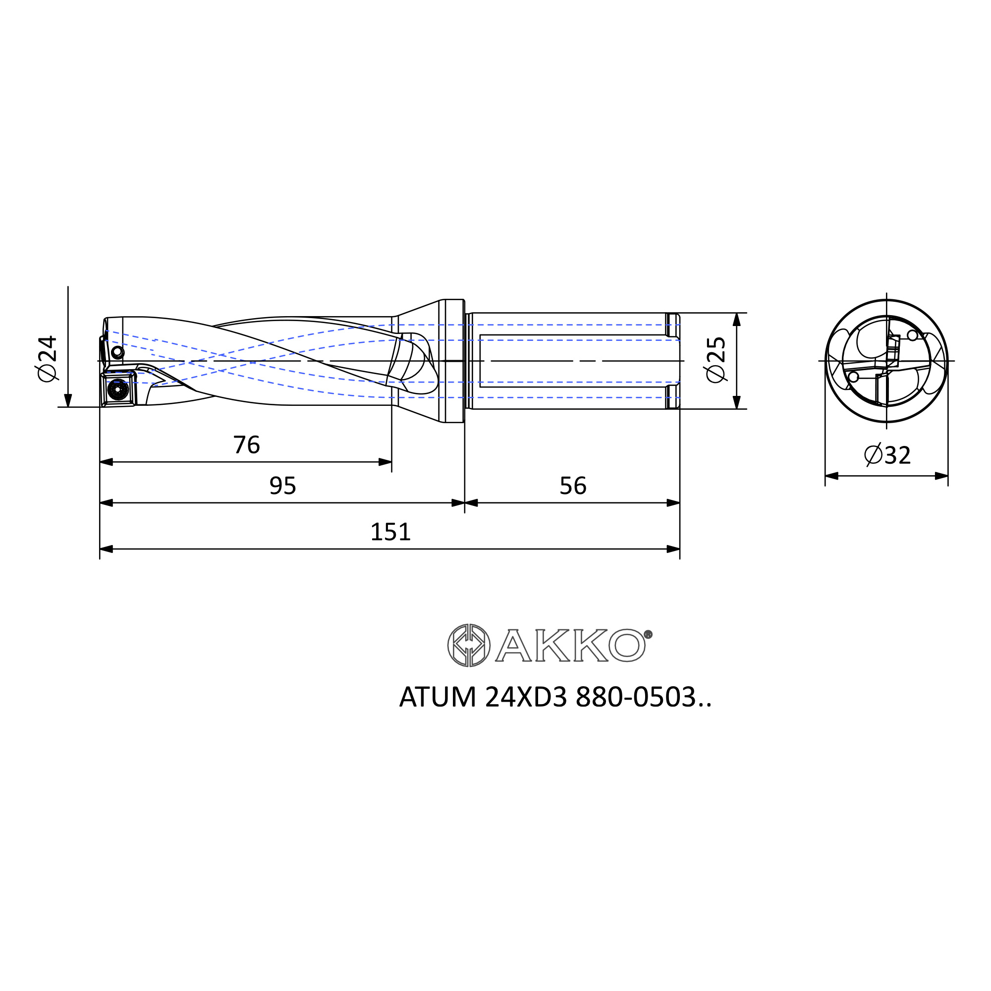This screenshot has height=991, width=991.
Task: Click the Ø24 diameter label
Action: (x=47, y=359)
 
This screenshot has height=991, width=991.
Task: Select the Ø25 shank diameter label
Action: (x=716, y=360)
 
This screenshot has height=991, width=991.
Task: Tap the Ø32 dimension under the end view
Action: (x=887, y=455)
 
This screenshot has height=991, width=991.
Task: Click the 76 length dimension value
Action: (x=246, y=445)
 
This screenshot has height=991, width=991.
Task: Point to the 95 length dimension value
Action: (x=282, y=486)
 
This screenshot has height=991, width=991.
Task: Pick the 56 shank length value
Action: (x=573, y=486)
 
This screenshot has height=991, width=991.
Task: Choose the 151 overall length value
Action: (x=391, y=532)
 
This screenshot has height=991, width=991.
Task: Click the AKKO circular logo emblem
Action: (x=469, y=645)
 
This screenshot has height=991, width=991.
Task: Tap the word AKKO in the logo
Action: (x=570, y=645)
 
